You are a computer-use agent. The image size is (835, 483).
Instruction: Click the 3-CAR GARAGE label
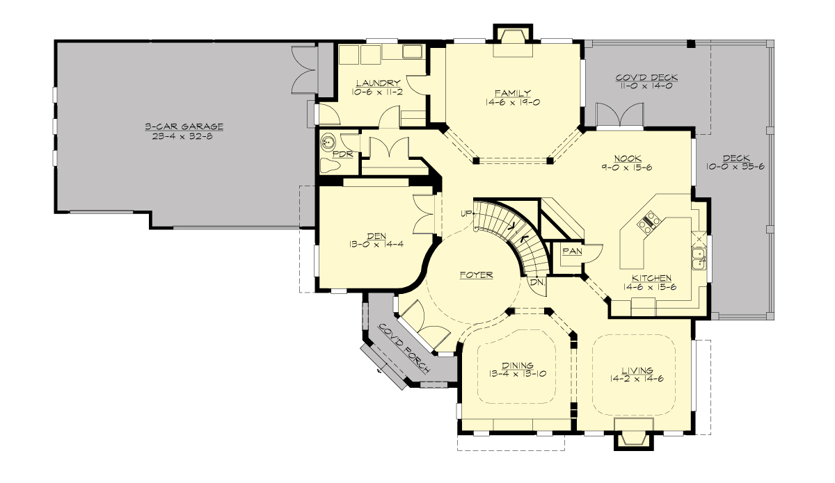tap(184, 126)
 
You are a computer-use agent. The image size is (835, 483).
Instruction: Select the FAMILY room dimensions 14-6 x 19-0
tap(513, 101)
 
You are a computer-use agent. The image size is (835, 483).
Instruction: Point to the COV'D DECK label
tap(646, 77)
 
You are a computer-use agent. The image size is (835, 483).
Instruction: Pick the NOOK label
tap(628, 158)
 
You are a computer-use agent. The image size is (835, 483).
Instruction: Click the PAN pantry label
tap(571, 252)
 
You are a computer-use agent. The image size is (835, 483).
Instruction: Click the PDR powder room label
tap(342, 154)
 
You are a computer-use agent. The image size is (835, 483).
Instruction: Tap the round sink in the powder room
tap(328, 143)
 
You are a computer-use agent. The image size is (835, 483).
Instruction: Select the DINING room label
tap(516, 366)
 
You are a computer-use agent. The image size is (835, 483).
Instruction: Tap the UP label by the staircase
tap(466, 213)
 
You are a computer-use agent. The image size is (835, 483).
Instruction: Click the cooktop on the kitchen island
tap(649, 222)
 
